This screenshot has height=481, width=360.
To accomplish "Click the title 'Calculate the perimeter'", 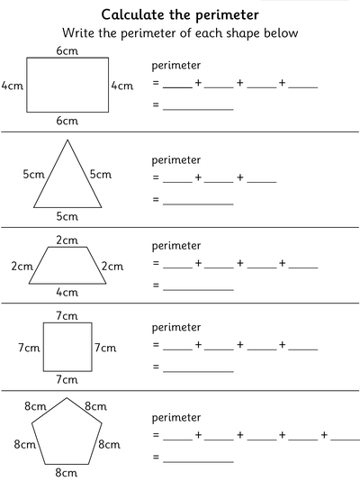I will coord(180,14).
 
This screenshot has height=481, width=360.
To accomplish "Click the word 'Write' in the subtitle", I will coord(78,33).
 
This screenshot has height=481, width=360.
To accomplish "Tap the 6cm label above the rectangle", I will coord(67,51).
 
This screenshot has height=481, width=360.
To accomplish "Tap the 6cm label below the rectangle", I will coord(67,121).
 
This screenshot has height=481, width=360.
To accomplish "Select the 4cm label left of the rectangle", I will coord(13,86).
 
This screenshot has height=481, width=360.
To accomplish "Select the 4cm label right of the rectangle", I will coord(121,86).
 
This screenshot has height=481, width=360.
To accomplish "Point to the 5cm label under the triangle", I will coord(67,216).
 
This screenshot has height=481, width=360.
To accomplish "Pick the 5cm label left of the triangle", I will coord(33,175).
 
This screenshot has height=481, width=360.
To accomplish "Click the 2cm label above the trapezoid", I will coord(67,240).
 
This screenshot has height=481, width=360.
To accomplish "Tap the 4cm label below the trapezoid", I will coord(67,292).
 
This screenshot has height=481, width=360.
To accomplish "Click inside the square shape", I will coord(67,347).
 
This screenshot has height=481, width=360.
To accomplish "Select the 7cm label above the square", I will coord(67,315).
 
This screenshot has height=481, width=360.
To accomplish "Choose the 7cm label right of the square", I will coord(106,347).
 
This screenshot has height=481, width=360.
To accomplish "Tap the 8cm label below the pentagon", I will coord(67,472).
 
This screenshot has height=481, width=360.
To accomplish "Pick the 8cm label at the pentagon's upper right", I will coord(98,407).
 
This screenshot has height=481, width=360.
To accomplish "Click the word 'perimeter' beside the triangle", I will coord(176,159).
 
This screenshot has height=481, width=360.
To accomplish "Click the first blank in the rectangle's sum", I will coord(177,86).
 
